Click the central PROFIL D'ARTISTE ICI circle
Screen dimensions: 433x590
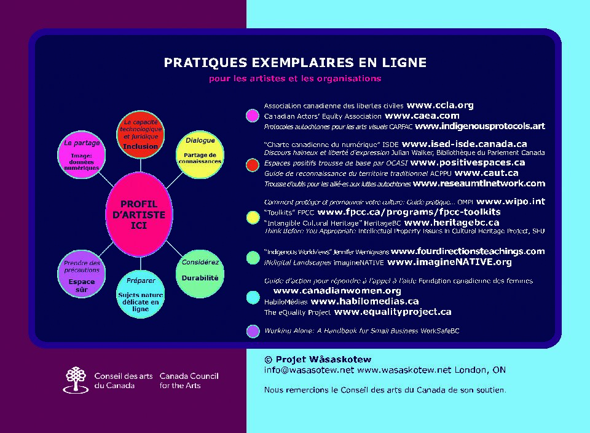click(x=139, y=214)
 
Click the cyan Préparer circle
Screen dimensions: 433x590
click(x=141, y=295)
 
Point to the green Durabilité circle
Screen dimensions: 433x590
click(x=200, y=274)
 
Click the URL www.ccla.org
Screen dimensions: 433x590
click(x=439, y=105)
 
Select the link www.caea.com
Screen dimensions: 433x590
click(x=422, y=116)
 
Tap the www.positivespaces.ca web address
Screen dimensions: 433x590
click(x=467, y=162)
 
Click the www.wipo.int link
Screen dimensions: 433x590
click(x=510, y=201)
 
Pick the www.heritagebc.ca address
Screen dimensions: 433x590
click(x=452, y=222)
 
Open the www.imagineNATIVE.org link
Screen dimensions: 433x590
click(x=449, y=262)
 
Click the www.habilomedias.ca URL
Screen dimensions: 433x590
click(x=364, y=301)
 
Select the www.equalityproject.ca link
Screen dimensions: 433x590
click(x=393, y=312)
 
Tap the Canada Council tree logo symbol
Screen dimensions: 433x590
click(x=75, y=379)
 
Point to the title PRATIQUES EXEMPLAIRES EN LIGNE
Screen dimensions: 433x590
click(x=295, y=63)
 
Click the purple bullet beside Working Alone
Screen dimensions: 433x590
click(x=252, y=331)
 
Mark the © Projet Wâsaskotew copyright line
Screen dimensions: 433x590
click(x=318, y=359)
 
